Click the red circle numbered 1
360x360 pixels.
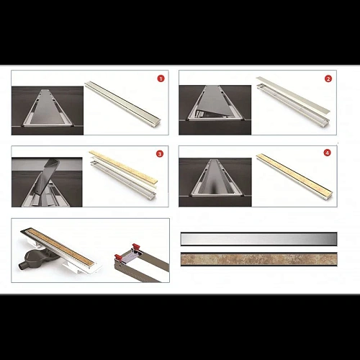(x=161, y=78)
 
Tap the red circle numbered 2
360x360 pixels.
(x=328, y=78)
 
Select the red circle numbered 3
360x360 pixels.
(x=160, y=153)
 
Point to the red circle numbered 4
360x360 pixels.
(x=327, y=153)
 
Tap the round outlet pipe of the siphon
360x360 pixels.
(x=22, y=266)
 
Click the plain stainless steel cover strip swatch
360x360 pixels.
(x=258, y=239)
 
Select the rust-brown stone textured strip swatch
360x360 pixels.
(x=258, y=259)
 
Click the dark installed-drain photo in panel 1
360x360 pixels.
(x=48, y=111)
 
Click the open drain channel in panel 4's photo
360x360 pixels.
(x=215, y=179)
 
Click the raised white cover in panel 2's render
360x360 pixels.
(x=293, y=95)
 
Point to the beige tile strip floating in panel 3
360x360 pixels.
(x=123, y=167)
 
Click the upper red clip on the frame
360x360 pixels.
(x=136, y=246)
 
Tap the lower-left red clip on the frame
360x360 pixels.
(x=118, y=258)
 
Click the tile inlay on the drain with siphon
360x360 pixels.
(x=60, y=247)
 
